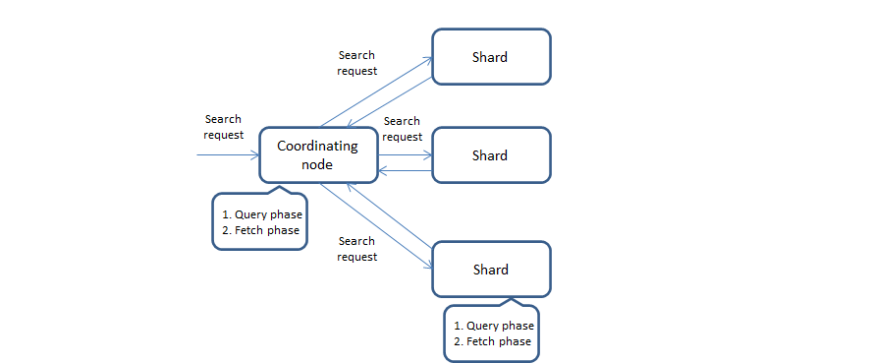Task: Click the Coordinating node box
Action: coord(318,154)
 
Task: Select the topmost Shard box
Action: coord(491,57)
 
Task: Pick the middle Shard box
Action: coord(491,155)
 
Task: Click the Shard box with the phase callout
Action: coord(491,270)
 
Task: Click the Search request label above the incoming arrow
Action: coord(223,127)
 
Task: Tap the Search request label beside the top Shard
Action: coord(356,63)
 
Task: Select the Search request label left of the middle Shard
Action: coord(402,129)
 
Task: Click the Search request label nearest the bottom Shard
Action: coord(356,248)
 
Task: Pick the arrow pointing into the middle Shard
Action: coord(406,154)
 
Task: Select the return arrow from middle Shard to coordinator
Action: coord(406,171)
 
